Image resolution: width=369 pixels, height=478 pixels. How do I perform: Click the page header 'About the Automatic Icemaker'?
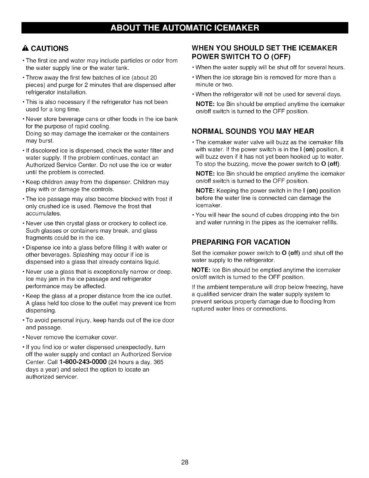184,28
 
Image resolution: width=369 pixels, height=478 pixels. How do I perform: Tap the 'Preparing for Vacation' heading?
241,242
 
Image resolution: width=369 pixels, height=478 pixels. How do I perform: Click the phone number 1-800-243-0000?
83,362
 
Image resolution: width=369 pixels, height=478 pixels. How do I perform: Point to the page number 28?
184,462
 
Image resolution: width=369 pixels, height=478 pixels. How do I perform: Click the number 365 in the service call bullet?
158,362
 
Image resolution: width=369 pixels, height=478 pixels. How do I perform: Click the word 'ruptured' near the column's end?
203,309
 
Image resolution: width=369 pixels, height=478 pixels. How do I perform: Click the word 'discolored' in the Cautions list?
44,151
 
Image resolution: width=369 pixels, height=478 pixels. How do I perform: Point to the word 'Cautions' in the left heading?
50,48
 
